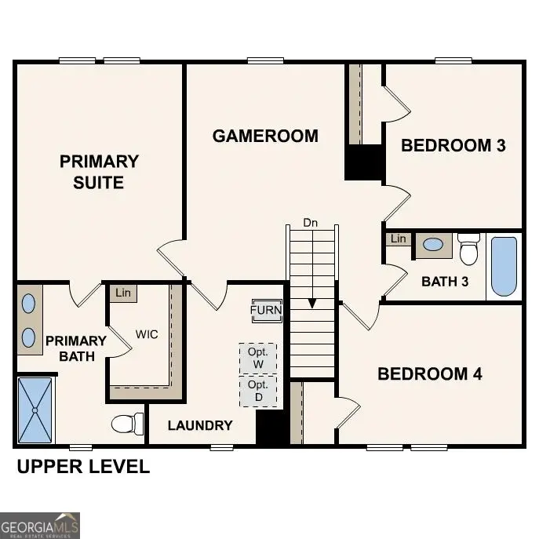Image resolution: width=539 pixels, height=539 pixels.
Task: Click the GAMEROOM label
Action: (265, 136)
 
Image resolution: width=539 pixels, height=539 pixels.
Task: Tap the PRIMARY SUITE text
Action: (99, 172)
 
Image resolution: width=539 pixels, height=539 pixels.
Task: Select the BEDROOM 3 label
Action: (453, 145)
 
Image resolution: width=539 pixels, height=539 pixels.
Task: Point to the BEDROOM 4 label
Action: (429, 373)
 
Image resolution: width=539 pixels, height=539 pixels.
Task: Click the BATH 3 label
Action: (445, 281)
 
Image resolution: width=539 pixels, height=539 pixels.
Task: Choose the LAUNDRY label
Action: (200, 425)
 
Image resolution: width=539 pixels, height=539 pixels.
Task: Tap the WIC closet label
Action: (146, 334)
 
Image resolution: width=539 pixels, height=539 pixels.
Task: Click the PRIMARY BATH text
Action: (75, 348)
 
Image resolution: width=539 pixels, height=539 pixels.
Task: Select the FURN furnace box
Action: (266, 310)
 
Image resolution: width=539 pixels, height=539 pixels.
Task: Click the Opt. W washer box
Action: (258, 359)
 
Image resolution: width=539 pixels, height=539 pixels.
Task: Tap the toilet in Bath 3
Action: (469, 249)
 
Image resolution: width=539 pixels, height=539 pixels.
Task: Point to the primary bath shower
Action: (35, 409)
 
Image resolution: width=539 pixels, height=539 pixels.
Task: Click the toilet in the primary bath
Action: (127, 424)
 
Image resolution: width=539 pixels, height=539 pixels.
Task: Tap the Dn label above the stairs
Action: (311, 223)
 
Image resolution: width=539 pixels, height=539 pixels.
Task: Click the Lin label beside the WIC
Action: (122, 293)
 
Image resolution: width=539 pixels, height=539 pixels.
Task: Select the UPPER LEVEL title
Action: (83, 467)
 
